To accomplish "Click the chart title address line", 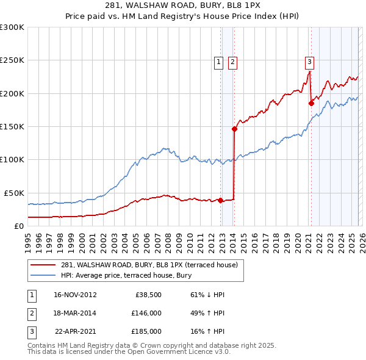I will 182,5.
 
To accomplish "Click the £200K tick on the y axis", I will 12,93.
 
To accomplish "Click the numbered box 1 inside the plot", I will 218,61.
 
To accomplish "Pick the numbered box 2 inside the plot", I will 233,61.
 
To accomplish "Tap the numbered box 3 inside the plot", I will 309,61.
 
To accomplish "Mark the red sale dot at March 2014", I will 234,129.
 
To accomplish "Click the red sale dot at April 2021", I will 311,103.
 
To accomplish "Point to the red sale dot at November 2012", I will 220,200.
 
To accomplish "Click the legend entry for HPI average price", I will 126,275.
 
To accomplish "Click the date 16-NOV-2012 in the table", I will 75,295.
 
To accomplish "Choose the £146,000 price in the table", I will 146,313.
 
